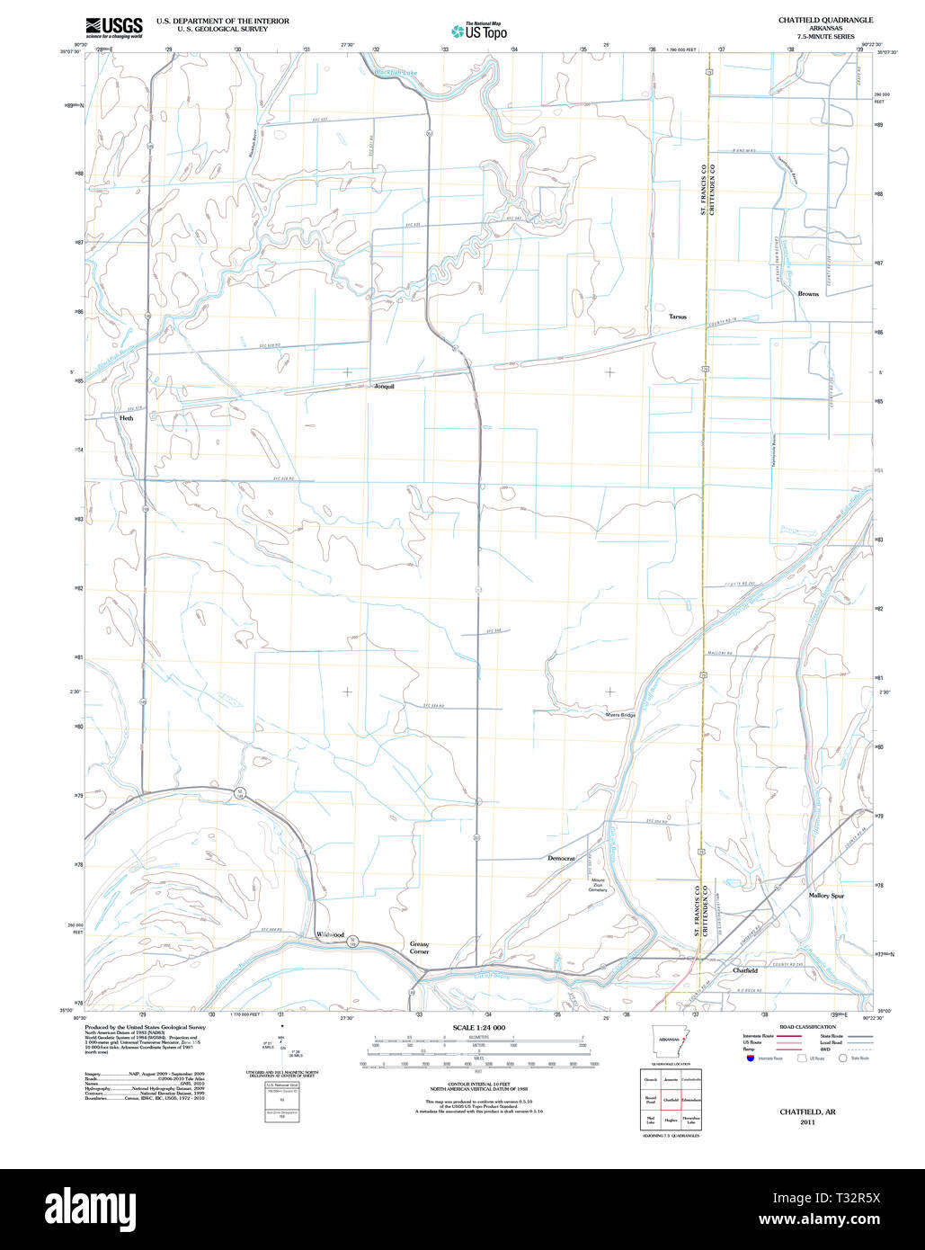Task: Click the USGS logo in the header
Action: coord(113,27)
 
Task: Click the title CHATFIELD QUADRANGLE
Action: coord(825,20)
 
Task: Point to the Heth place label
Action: coord(126,418)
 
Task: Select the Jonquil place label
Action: coord(384,386)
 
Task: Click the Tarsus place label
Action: coord(677,317)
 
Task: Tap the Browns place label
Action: coord(807,293)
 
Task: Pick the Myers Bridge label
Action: coord(619,715)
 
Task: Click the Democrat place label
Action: coord(561,859)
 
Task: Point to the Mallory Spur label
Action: coord(825,896)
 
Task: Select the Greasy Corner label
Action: coord(419,948)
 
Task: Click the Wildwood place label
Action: coord(330,935)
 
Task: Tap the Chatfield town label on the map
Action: coord(744,970)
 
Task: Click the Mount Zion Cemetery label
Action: coord(598,885)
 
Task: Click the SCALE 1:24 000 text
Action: coord(478,1027)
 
